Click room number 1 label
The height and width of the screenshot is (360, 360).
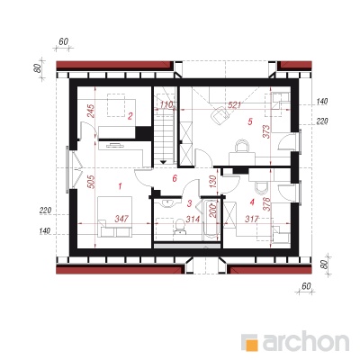pos(120,186)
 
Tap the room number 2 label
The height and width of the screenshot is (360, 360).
pos(130,116)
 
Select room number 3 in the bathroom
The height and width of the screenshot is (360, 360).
pos(189,203)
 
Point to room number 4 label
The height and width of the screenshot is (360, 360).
pos(252,202)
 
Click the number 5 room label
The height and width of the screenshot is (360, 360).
pos(250,121)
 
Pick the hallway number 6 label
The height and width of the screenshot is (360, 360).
pos(175,178)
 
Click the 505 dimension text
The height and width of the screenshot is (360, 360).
pos(92,182)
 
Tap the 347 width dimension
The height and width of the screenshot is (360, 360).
pos(122,219)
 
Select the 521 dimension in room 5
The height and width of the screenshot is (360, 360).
pos(234,105)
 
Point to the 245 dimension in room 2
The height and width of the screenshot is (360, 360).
pos(92,111)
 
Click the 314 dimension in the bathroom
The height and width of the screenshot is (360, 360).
pos(193,220)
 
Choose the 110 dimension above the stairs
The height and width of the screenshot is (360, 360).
pos(166,105)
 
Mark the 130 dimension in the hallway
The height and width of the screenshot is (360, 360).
pos(212,182)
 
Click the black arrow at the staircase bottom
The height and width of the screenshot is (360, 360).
pos(163,162)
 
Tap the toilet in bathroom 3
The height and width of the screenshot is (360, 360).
pos(180,225)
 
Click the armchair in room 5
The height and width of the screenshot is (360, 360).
pos(220,115)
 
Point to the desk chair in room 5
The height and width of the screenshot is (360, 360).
pos(242,146)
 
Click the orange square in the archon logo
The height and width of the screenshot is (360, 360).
pos(251,344)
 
